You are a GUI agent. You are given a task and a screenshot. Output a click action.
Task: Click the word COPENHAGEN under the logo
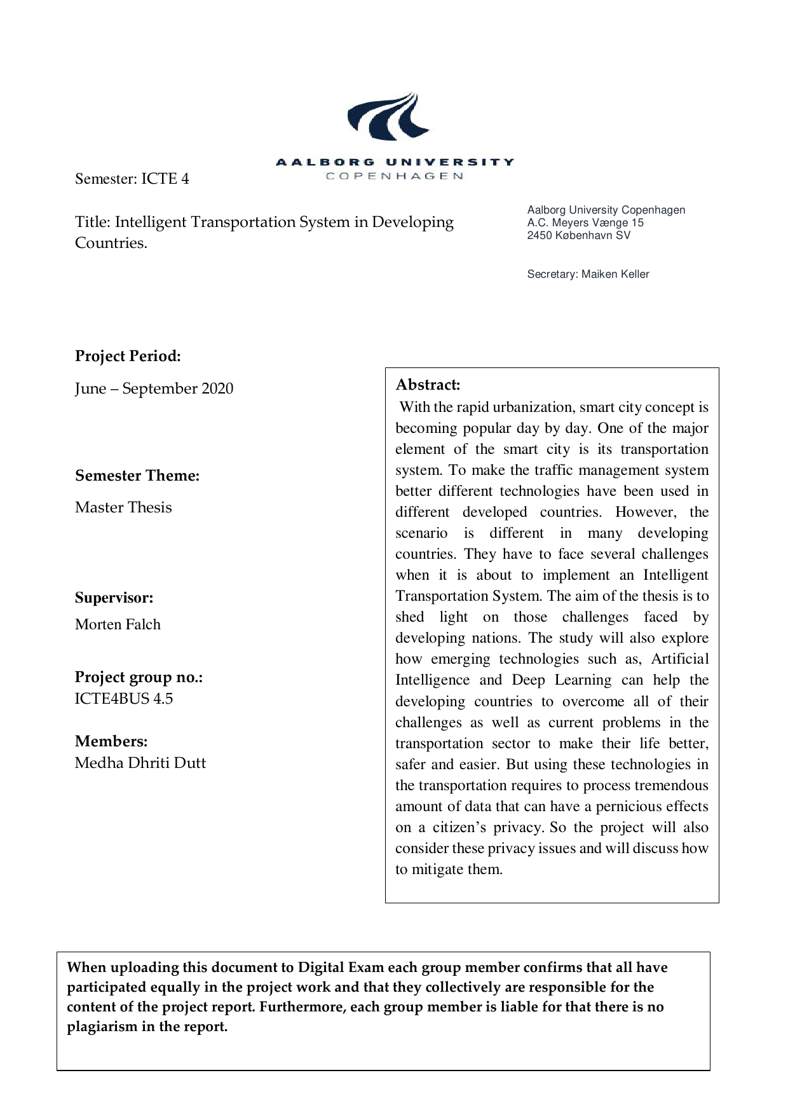[x=395, y=176]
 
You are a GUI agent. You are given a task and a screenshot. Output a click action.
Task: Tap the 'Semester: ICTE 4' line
[x=132, y=179]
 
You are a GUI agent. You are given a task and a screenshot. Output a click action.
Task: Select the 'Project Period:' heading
[x=128, y=356]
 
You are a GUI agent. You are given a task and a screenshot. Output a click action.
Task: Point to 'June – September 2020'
[x=154, y=388]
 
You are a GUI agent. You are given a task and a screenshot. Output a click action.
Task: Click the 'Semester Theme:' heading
[x=137, y=475]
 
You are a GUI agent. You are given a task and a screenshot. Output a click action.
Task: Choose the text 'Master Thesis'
[x=123, y=507]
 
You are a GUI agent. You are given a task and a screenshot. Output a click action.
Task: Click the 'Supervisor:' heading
[x=114, y=598]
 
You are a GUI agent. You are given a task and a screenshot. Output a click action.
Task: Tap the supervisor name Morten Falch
[x=118, y=624]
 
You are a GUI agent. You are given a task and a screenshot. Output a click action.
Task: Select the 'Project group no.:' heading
[x=139, y=677]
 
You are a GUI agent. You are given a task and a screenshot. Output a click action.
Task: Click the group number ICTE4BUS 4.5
[x=124, y=699]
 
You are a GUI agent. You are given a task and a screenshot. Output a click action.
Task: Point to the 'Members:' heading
[x=111, y=741]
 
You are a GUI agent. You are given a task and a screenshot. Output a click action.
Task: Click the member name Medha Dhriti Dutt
[x=140, y=763]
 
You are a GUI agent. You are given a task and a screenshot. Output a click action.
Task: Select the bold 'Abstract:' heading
[x=428, y=385]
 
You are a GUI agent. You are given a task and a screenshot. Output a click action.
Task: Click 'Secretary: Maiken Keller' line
[x=588, y=275]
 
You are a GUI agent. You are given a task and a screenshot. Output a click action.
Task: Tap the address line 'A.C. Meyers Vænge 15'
[x=585, y=222]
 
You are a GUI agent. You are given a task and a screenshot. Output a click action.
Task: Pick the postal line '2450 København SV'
[x=578, y=235]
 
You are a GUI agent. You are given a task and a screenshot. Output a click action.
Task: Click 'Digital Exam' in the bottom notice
[x=341, y=968]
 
